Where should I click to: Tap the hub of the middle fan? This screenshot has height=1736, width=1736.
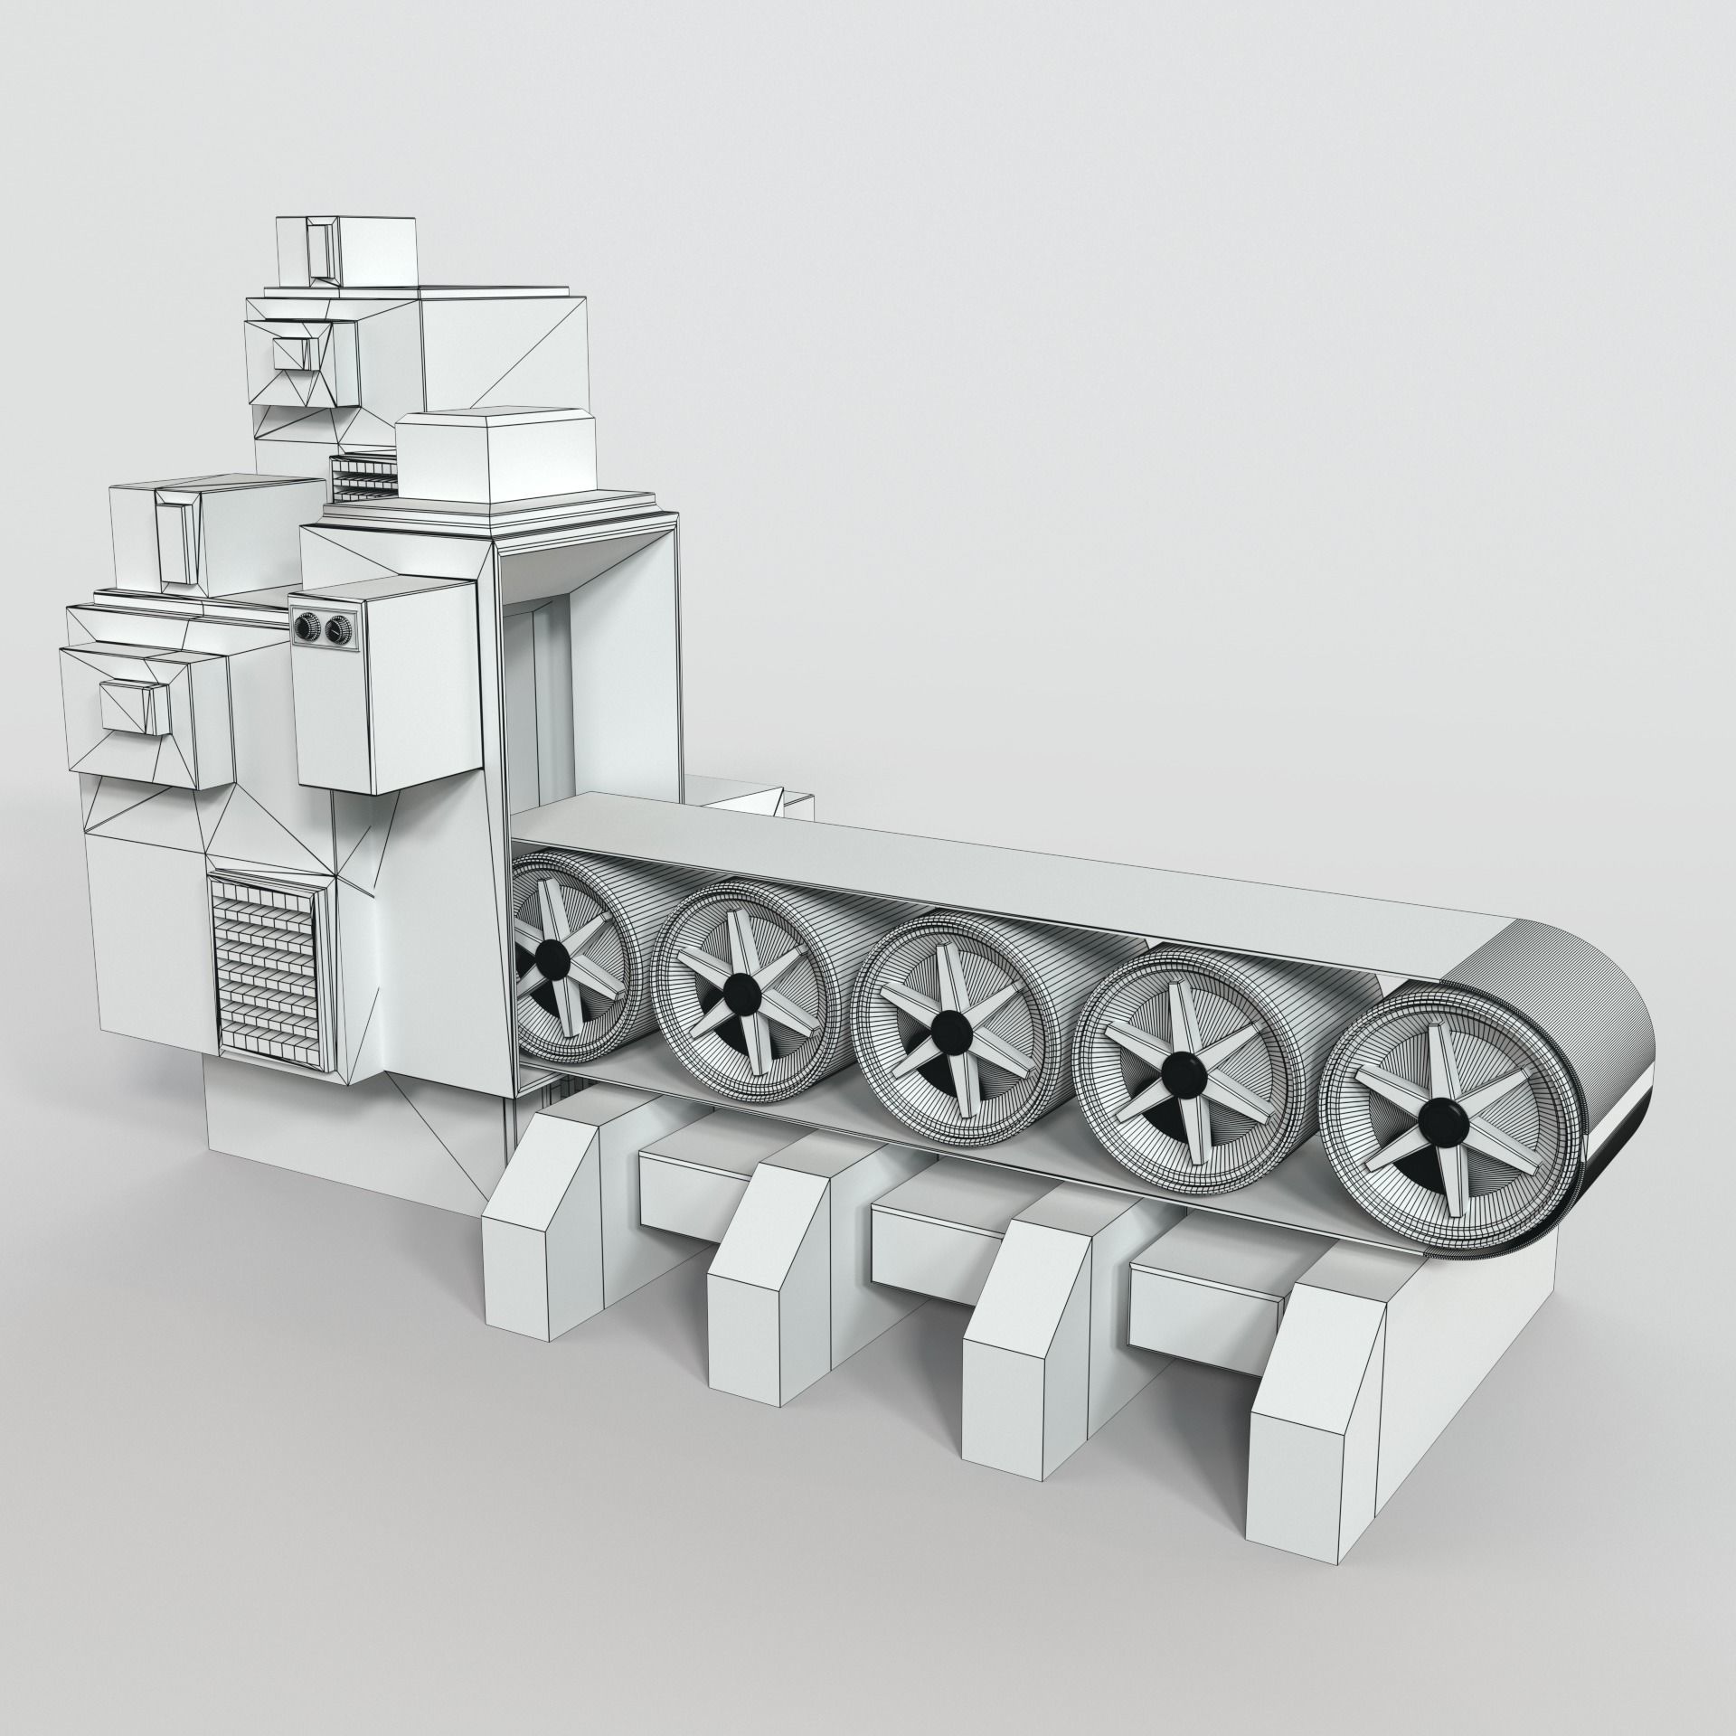pyautogui.click(x=948, y=1025)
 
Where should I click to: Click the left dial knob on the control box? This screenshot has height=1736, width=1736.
pyautogui.click(x=305, y=627)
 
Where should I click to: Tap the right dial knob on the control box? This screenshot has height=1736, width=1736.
pyautogui.click(x=336, y=627)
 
